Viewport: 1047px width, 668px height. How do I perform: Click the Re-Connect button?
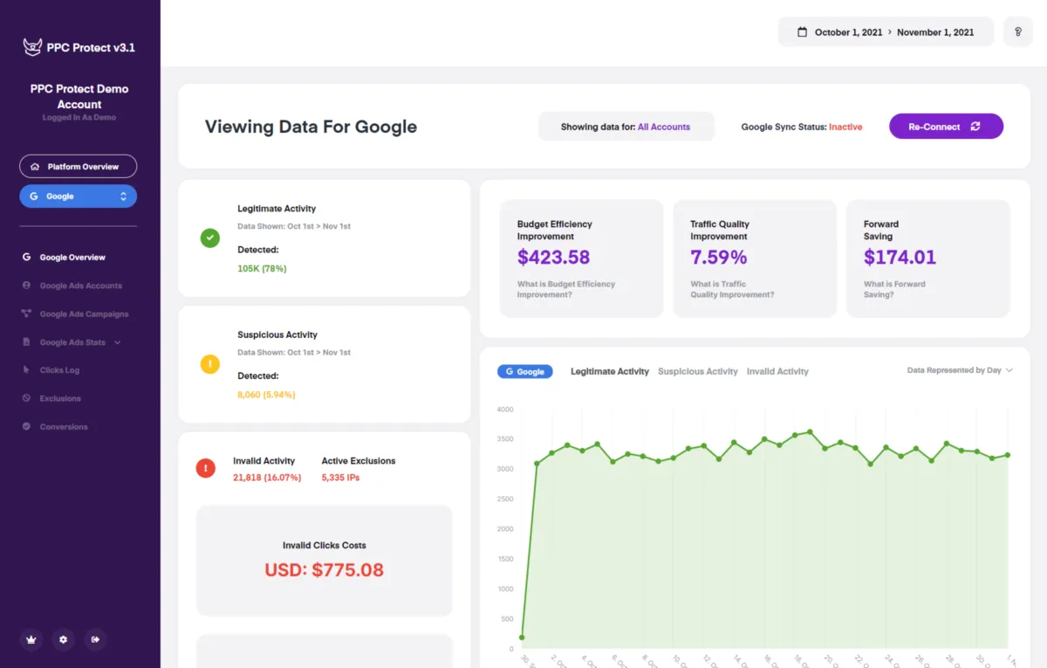(946, 127)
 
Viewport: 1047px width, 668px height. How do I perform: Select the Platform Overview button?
(78, 167)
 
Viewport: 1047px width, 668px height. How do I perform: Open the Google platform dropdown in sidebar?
(78, 196)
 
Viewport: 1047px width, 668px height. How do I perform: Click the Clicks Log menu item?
(59, 370)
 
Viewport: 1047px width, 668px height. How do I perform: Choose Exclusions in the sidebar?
(60, 398)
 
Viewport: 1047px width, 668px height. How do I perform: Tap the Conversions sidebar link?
(64, 427)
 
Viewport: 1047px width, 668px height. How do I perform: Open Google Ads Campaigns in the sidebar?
(84, 314)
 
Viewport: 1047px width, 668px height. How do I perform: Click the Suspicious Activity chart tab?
(697, 372)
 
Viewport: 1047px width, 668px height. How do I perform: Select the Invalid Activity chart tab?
(777, 372)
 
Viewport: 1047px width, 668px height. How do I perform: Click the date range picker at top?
(886, 32)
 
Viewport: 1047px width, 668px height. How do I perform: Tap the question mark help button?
(1017, 32)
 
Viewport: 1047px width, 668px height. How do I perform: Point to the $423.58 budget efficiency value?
(553, 258)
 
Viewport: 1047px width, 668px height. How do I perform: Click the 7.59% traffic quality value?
(718, 258)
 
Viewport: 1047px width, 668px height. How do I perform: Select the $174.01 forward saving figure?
(900, 258)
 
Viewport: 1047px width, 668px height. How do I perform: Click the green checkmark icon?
(210, 238)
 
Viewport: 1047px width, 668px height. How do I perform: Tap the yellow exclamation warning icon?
(210, 364)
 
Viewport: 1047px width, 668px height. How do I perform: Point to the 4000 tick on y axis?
(505, 410)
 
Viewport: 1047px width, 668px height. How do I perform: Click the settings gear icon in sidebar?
(63, 639)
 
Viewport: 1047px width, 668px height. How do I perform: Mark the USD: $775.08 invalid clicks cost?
(325, 570)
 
